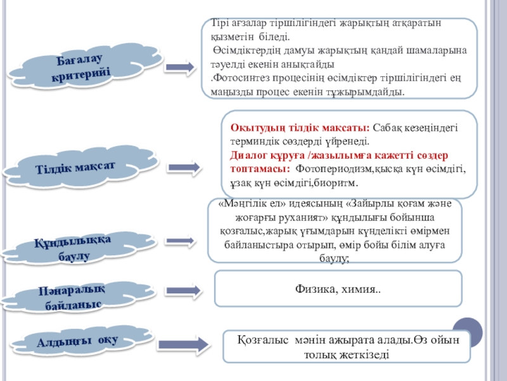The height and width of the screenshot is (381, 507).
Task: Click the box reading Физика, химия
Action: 338,289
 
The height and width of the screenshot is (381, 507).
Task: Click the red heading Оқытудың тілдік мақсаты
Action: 301,128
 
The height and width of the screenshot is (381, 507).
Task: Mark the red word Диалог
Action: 250,156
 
